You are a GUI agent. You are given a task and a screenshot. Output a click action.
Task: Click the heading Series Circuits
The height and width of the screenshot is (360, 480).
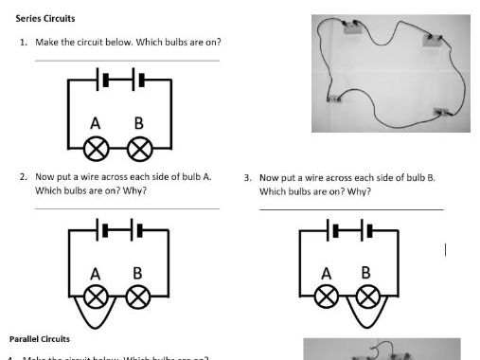(45, 19)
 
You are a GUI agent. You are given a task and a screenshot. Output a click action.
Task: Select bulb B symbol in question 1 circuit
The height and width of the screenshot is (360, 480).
(139, 148)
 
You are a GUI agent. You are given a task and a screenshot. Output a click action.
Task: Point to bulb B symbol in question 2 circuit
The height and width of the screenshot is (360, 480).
(138, 296)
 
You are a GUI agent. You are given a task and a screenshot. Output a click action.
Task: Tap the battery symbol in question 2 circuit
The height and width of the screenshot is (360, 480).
(119, 229)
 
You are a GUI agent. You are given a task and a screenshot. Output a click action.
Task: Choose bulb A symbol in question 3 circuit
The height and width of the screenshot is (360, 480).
(328, 296)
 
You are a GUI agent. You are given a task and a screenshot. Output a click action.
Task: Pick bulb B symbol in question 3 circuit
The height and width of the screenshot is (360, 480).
(368, 296)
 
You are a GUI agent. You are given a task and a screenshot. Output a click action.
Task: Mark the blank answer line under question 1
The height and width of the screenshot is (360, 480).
(126, 61)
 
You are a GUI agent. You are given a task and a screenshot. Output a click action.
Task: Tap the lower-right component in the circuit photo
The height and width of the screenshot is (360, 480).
(438, 112)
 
